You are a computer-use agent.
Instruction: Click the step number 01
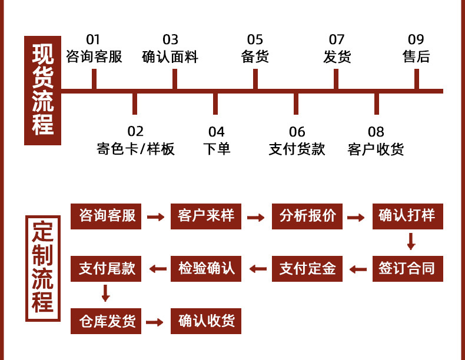tap(93, 40)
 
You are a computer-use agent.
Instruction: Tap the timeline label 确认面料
tap(170, 57)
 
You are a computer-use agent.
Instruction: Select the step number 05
tap(255, 40)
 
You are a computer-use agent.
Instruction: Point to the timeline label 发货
tap(337, 57)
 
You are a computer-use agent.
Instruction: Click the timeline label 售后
tap(416, 57)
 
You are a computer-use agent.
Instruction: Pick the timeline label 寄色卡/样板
tap(135, 149)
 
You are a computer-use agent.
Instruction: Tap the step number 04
tap(216, 132)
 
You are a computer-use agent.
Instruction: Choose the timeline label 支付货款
tap(297, 149)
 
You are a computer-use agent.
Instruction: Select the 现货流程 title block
tap(42, 91)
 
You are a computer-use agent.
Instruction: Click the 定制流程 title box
tap(42, 268)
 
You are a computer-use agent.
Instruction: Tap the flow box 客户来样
tap(206, 216)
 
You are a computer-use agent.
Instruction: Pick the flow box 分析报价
tap(307, 216)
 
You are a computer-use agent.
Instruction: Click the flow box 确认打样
tap(407, 216)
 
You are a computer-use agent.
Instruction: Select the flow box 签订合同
tap(407, 269)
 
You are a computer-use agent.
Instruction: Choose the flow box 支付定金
tap(307, 269)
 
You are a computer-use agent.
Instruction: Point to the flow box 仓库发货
tap(106, 321)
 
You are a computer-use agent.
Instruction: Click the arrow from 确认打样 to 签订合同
tap(411, 242)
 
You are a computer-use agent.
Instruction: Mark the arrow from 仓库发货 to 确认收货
tap(155, 322)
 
